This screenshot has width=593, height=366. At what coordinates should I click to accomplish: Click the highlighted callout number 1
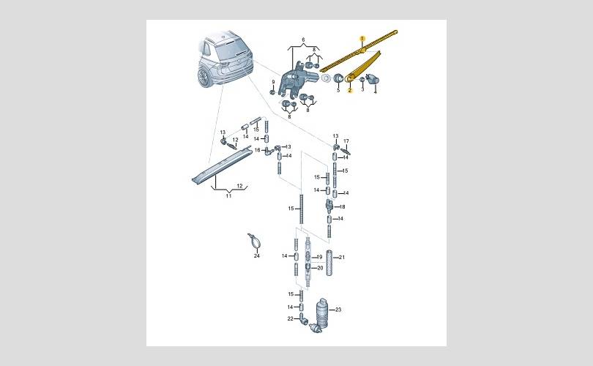tap(362, 39)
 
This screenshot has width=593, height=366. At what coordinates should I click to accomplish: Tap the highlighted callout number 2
tap(350, 90)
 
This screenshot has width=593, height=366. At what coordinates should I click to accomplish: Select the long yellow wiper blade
tap(359, 51)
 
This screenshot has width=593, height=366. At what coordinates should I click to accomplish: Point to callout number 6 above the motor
tap(303, 40)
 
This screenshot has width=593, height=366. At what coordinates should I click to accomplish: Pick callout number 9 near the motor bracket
tap(273, 82)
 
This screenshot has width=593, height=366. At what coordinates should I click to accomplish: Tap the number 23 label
tap(338, 310)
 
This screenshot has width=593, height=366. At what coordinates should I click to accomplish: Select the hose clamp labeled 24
tap(254, 241)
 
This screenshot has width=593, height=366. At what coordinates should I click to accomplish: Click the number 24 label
tap(257, 256)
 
